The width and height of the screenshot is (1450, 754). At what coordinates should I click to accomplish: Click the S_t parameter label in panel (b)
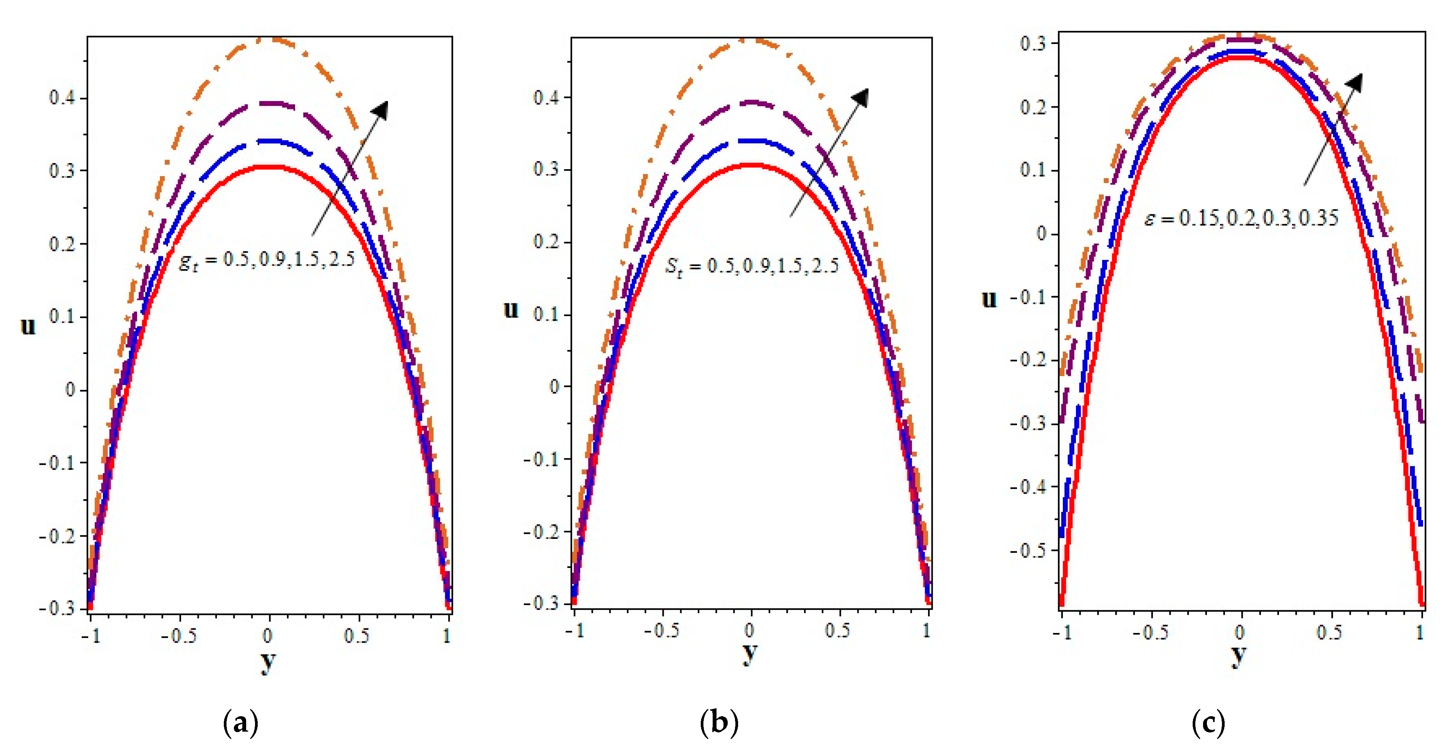(752, 265)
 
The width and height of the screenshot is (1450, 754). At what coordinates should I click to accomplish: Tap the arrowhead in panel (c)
(1356, 82)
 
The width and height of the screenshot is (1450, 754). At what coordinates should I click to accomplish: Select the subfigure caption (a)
(241, 722)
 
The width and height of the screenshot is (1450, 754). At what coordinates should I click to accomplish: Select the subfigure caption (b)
(719, 722)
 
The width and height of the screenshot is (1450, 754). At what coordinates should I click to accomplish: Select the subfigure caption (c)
(1208, 722)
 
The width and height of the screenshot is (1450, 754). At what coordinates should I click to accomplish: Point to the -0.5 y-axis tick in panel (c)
(1029, 550)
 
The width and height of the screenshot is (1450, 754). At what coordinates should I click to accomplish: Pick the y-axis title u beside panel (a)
(28, 325)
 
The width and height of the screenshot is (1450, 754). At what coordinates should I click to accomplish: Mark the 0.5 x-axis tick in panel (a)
(356, 636)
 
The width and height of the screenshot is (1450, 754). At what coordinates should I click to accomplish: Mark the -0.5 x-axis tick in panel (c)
(1150, 632)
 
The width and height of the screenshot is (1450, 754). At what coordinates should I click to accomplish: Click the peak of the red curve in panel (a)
(270, 167)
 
